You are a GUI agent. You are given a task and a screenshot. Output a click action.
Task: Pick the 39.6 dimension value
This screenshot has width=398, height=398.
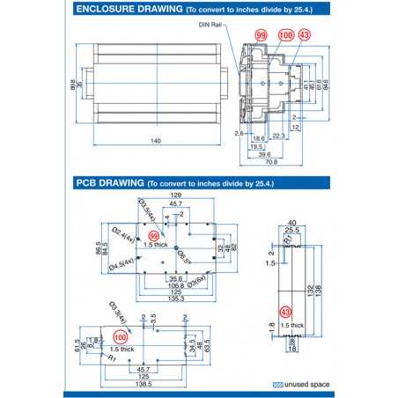(x=263, y=154)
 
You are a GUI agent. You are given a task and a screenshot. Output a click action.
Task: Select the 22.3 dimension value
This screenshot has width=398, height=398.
(x=277, y=136)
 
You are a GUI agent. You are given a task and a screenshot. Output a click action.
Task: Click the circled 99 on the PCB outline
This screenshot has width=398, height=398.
(x=155, y=236)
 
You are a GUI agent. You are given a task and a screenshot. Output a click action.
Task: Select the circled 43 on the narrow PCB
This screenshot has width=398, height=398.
(x=284, y=312)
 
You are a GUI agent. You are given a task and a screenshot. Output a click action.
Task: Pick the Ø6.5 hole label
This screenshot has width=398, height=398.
(x=184, y=256)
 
